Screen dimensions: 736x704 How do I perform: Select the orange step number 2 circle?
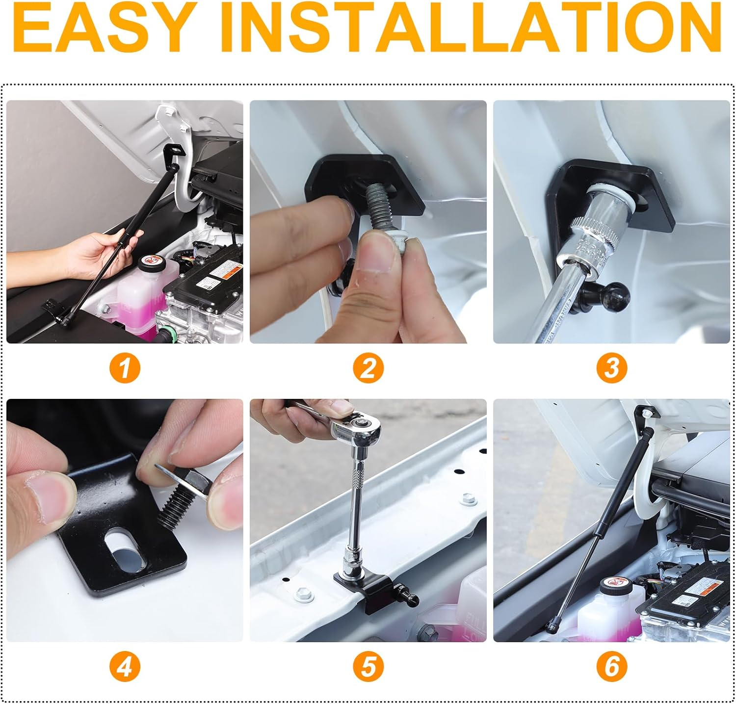click(368, 367)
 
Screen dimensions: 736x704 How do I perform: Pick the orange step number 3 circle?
click(611, 367)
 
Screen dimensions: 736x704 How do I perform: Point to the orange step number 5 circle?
click(368, 667)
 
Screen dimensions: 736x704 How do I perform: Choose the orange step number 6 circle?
click(611, 667)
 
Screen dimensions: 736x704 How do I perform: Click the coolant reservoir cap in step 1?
click(149, 264)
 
